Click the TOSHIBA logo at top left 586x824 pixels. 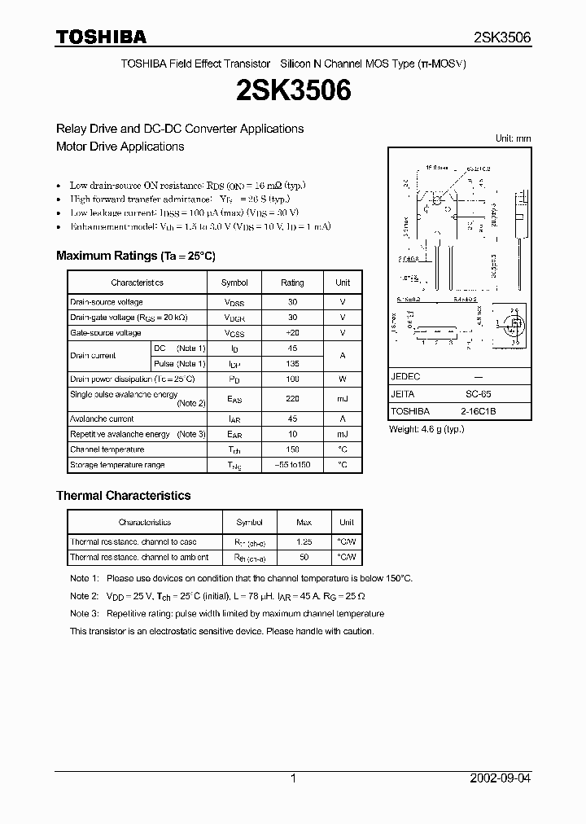(101, 37)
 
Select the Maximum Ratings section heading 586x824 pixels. (135, 256)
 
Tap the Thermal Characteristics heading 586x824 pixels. (123, 495)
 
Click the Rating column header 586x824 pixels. (292, 283)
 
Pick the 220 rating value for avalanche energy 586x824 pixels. (292, 399)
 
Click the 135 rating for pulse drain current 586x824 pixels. (292, 364)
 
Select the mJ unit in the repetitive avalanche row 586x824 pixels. (343, 435)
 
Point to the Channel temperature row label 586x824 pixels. (107, 449)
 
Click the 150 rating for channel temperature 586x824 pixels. (292, 449)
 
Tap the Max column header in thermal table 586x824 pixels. (304, 522)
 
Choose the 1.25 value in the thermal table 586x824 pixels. (304, 541)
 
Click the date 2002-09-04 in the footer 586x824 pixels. (501, 778)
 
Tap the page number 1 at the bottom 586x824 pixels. (293, 778)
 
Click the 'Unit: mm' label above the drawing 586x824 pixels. (513, 138)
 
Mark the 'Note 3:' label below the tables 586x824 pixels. (84, 614)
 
